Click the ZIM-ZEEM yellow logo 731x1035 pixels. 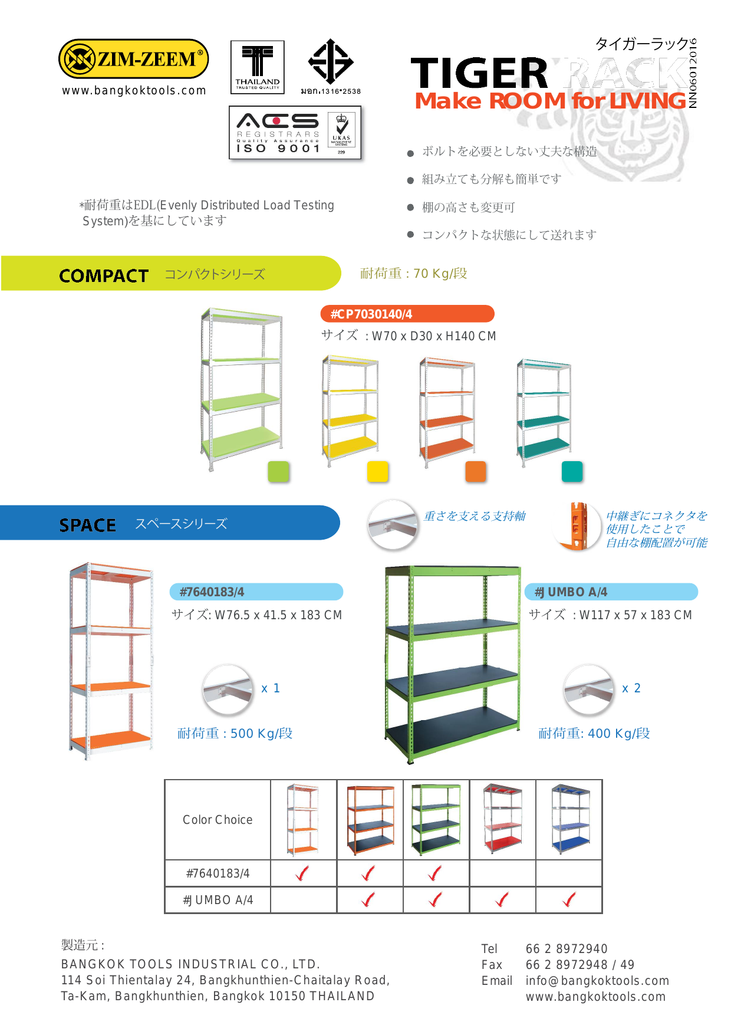pyautogui.click(x=133, y=59)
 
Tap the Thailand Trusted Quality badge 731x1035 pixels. pyautogui.click(x=257, y=67)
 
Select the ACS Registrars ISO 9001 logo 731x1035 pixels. pyautogui.click(x=295, y=133)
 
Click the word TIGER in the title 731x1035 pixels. pyautogui.click(x=479, y=73)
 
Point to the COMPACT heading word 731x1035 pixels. pyautogui.click(x=104, y=275)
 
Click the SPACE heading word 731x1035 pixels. pyautogui.click(x=87, y=525)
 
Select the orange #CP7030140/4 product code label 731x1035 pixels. pyautogui.click(x=407, y=314)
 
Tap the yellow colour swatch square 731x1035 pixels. pyautogui.click(x=377, y=472)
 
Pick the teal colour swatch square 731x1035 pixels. pyautogui.click(x=572, y=472)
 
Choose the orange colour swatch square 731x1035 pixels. pyautogui.click(x=475, y=472)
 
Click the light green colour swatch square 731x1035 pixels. pyautogui.click(x=278, y=472)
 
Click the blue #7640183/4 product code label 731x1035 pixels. pyautogui.click(x=256, y=592)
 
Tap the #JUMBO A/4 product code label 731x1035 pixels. pyautogui.click(x=611, y=592)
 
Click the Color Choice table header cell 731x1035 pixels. pyautogui.click(x=218, y=820)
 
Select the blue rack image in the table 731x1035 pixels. pyautogui.click(x=570, y=819)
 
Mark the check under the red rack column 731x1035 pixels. pyautogui.click(x=502, y=900)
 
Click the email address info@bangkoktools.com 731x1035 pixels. pyautogui.click(x=597, y=981)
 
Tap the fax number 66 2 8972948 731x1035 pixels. pyautogui.click(x=567, y=965)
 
